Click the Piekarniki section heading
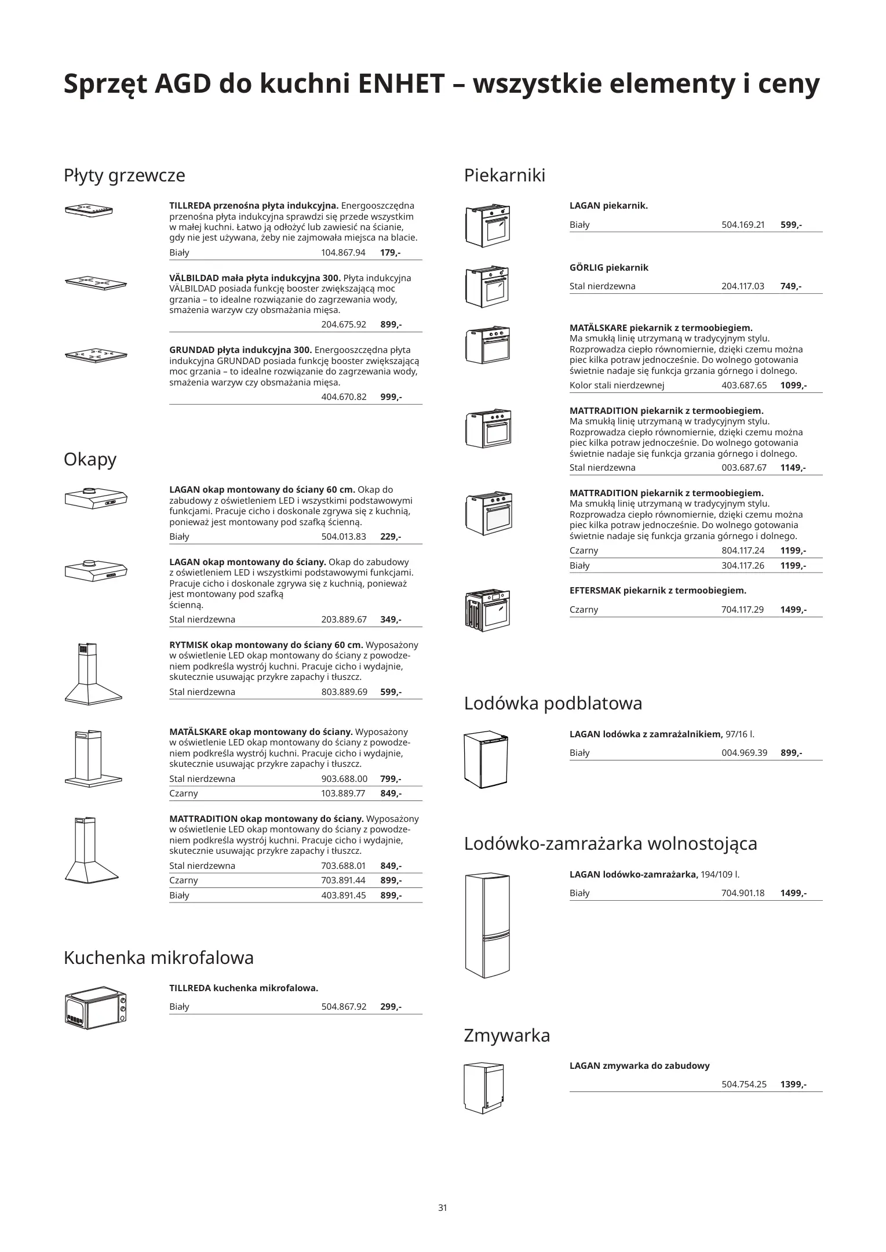(504, 175)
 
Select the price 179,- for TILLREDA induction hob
(391, 253)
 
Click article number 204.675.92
(344, 325)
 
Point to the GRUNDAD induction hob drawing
(96, 354)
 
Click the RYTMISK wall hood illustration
(93, 674)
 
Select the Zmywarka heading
(506, 1035)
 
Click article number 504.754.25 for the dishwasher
(743, 1084)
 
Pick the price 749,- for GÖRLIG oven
(791, 286)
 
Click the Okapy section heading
(90, 459)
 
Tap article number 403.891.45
(344, 895)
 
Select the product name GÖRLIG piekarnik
(608, 267)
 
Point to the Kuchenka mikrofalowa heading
(158, 957)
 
